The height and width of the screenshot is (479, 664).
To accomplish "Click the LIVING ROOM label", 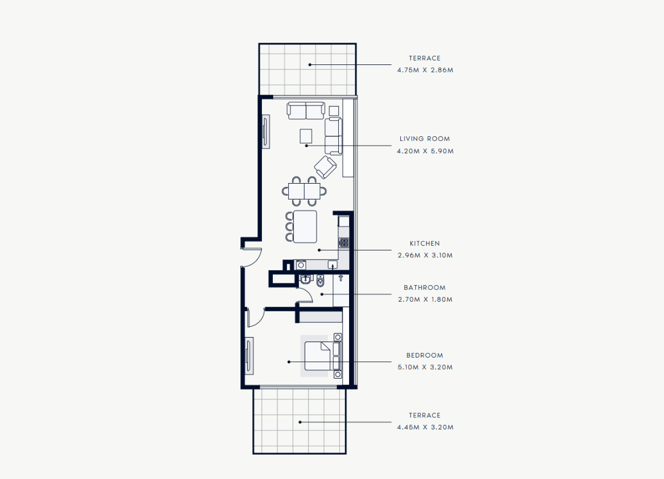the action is (425, 139).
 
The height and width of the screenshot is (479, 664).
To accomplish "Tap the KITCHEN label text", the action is (425, 243).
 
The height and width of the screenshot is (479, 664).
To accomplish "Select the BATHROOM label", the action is (425, 287).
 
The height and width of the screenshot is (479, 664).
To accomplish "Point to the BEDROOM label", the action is (425, 355).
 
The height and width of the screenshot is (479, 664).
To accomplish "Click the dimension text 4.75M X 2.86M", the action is (425, 70).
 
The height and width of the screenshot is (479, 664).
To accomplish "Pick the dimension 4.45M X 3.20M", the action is (425, 427).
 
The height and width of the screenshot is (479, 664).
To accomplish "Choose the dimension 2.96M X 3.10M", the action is (425, 255).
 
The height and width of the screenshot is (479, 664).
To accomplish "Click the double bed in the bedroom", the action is (323, 356).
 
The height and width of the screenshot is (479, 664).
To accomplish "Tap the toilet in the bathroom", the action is (321, 281).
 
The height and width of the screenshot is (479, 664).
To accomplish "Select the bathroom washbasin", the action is (305, 279).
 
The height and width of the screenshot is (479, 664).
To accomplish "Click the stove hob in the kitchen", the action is (344, 243).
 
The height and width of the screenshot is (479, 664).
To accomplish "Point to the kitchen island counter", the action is (305, 227).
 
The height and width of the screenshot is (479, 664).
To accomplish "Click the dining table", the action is (304, 191).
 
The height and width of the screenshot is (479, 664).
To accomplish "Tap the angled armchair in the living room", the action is (325, 167).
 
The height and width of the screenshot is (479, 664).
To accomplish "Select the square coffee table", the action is (306, 136).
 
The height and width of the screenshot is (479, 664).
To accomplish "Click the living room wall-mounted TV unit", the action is (265, 131).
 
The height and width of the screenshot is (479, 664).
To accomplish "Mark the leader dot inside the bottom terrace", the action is (300, 422).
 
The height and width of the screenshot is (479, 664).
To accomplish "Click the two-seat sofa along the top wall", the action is (306, 111).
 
